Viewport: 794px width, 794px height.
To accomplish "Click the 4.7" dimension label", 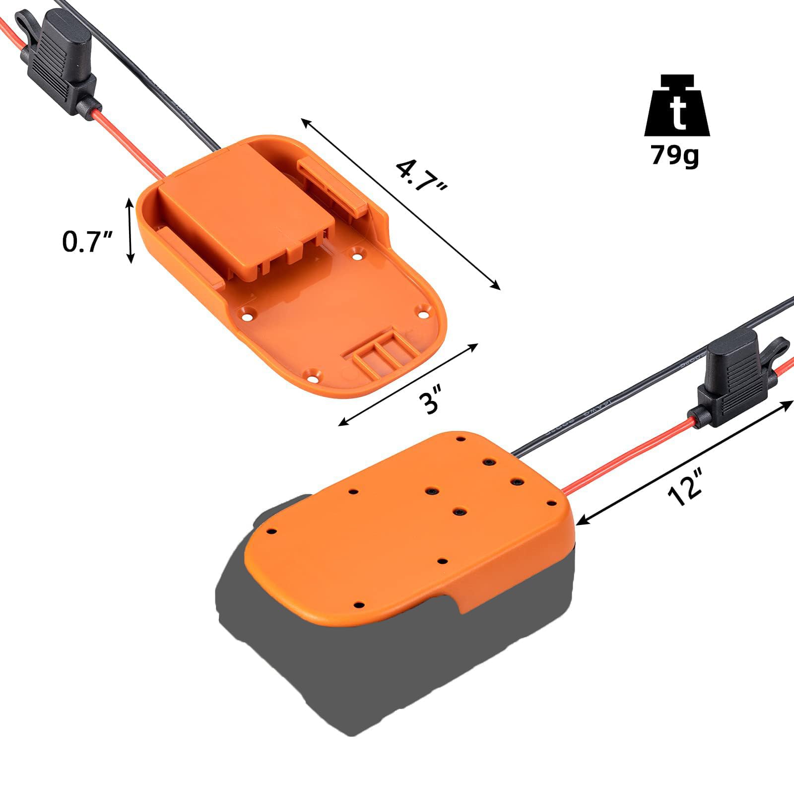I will pyautogui.click(x=422, y=176).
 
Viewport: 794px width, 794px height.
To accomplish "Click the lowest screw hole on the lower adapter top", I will pyautogui.click(x=359, y=605).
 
